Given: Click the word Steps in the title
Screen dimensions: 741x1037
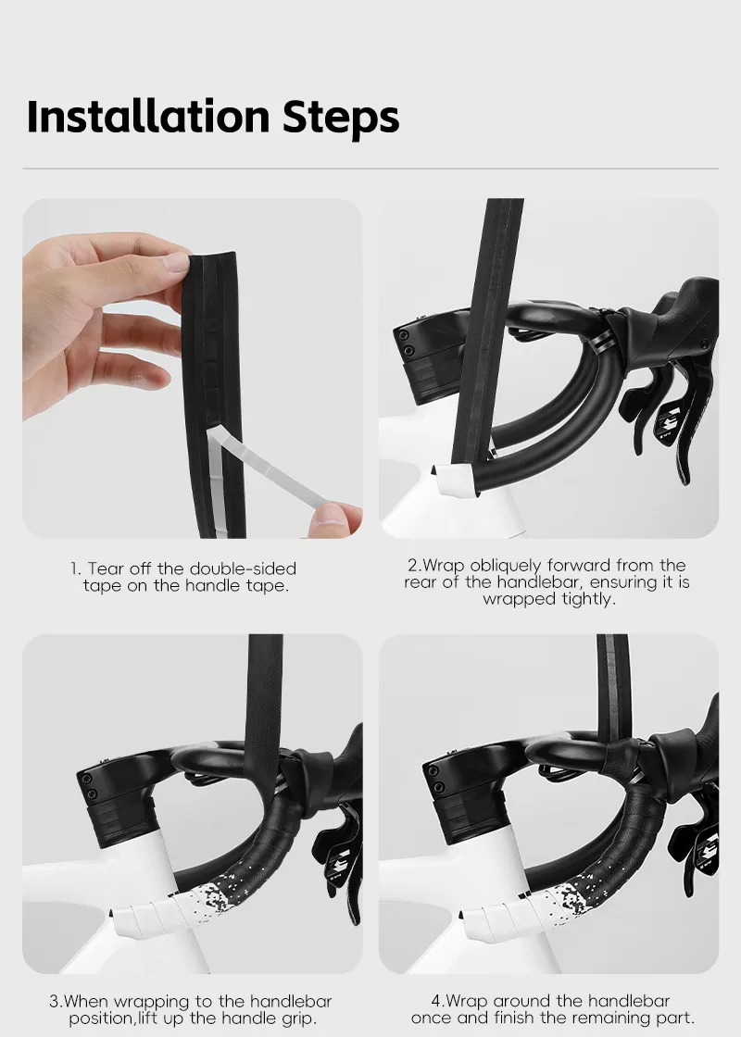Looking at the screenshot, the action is tap(342, 118).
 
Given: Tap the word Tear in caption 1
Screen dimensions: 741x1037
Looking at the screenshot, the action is tap(106, 568).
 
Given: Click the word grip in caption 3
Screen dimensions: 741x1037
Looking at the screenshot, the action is tap(298, 1019).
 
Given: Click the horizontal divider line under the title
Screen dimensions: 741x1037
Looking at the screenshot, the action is tap(370, 169).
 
